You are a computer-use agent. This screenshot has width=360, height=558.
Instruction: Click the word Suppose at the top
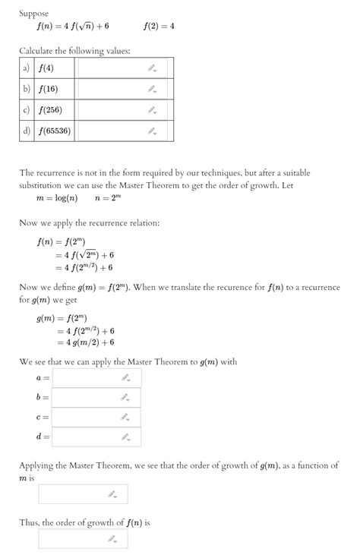tap(33, 14)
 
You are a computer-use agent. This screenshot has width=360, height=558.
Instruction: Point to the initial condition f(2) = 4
tap(159, 26)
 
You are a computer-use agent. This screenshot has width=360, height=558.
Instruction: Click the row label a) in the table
tap(27, 68)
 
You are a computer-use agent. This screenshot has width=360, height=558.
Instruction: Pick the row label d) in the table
tap(27, 131)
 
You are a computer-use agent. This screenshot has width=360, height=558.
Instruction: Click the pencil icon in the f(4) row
tap(152, 68)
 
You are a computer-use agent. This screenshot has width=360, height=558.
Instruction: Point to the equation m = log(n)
tap(57, 199)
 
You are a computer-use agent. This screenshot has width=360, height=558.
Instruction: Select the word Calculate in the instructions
tap(39, 50)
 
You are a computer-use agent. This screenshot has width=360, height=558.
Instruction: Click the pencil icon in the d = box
tap(125, 437)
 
